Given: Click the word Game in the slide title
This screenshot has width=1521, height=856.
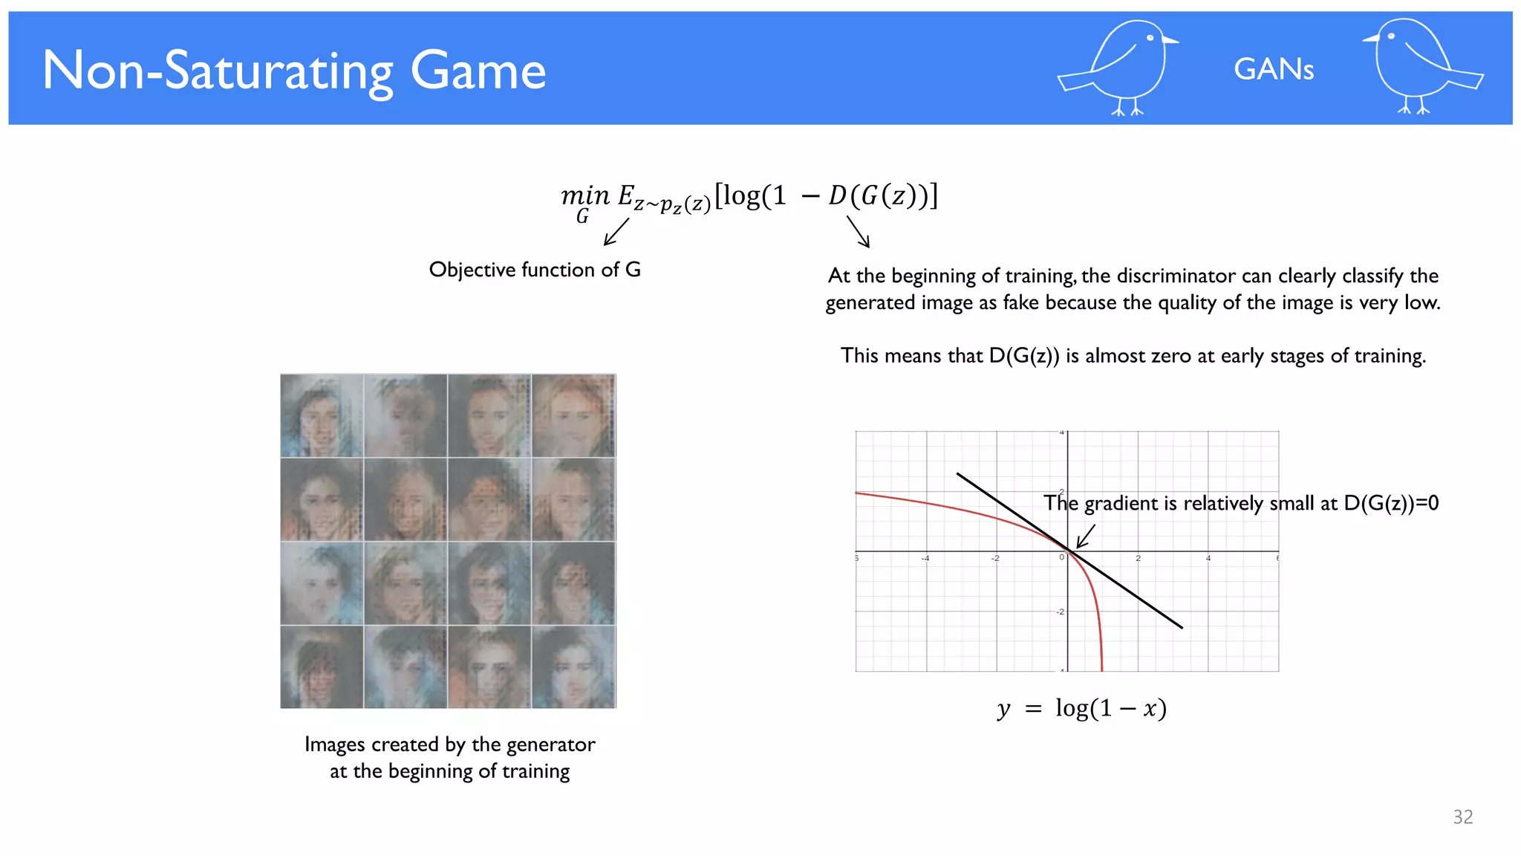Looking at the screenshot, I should tap(478, 71).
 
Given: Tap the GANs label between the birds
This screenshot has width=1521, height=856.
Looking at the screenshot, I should tap(1274, 69).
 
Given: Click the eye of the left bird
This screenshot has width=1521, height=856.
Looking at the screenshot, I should tap(1150, 38).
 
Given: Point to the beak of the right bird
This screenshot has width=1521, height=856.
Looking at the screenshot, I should tap(1369, 39).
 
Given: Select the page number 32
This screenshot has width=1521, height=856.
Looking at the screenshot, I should tap(1462, 817).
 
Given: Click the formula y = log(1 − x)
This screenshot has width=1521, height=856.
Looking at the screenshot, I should tap(1082, 708).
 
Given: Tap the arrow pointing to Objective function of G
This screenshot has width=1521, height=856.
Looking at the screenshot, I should tap(616, 231).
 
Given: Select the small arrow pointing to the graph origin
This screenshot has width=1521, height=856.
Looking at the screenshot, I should tap(1085, 536).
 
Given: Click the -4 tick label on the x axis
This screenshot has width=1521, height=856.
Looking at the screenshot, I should tap(925, 558).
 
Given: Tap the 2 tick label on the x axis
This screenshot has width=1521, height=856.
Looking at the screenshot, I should tap(1138, 558).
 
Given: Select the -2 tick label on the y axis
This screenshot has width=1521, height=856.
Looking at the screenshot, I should tap(1060, 612).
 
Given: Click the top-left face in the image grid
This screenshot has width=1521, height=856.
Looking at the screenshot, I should tap(322, 415).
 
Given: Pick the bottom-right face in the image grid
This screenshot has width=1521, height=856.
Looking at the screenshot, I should tap(573, 667).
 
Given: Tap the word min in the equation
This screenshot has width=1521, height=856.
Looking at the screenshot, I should tap(584, 195).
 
